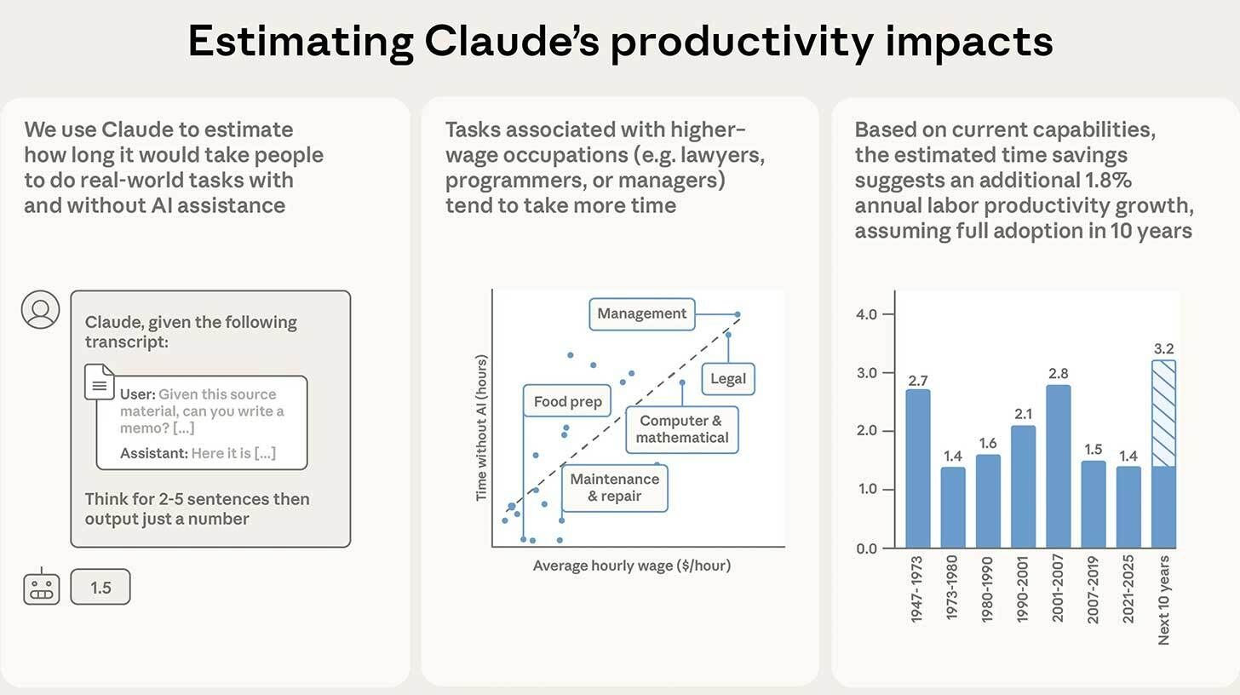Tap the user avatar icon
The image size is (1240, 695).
click(40, 310)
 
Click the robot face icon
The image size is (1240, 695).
click(41, 588)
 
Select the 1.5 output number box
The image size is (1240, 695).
click(100, 587)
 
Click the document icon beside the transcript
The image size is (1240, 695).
click(99, 382)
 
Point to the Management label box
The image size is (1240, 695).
click(642, 313)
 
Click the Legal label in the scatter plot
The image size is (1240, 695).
click(727, 379)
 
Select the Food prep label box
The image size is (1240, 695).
click(567, 401)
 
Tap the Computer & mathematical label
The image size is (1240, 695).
click(682, 429)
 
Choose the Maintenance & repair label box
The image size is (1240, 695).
click(614, 488)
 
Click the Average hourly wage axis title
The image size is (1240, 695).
click(631, 566)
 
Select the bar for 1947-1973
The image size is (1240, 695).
click(917, 468)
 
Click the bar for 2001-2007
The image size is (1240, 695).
click(1058, 467)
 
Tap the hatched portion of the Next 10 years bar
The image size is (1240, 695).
click(1163, 413)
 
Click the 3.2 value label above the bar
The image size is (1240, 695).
click(1163, 348)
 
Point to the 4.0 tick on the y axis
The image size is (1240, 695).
click(866, 314)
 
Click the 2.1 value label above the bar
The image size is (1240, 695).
click(1023, 414)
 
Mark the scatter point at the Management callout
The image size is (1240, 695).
click(738, 314)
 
